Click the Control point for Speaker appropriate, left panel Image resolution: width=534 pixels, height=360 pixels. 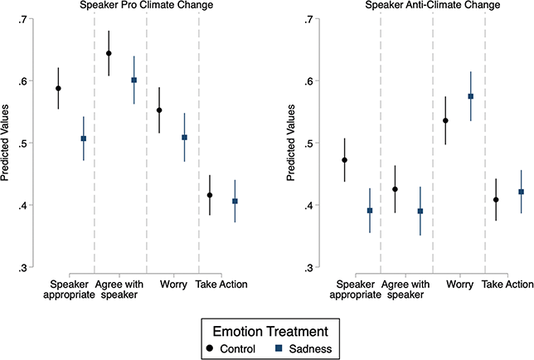pos(58,88)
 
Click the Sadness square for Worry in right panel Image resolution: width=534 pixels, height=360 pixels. pos(471,96)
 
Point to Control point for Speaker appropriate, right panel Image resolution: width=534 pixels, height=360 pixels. pos(344,160)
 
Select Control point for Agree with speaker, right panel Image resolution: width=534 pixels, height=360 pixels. pos(396,189)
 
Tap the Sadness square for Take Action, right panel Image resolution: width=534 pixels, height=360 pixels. pos(522,192)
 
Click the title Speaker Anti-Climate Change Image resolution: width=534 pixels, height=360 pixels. pos(418,5)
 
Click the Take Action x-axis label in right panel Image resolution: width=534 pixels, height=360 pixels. pos(507,286)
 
